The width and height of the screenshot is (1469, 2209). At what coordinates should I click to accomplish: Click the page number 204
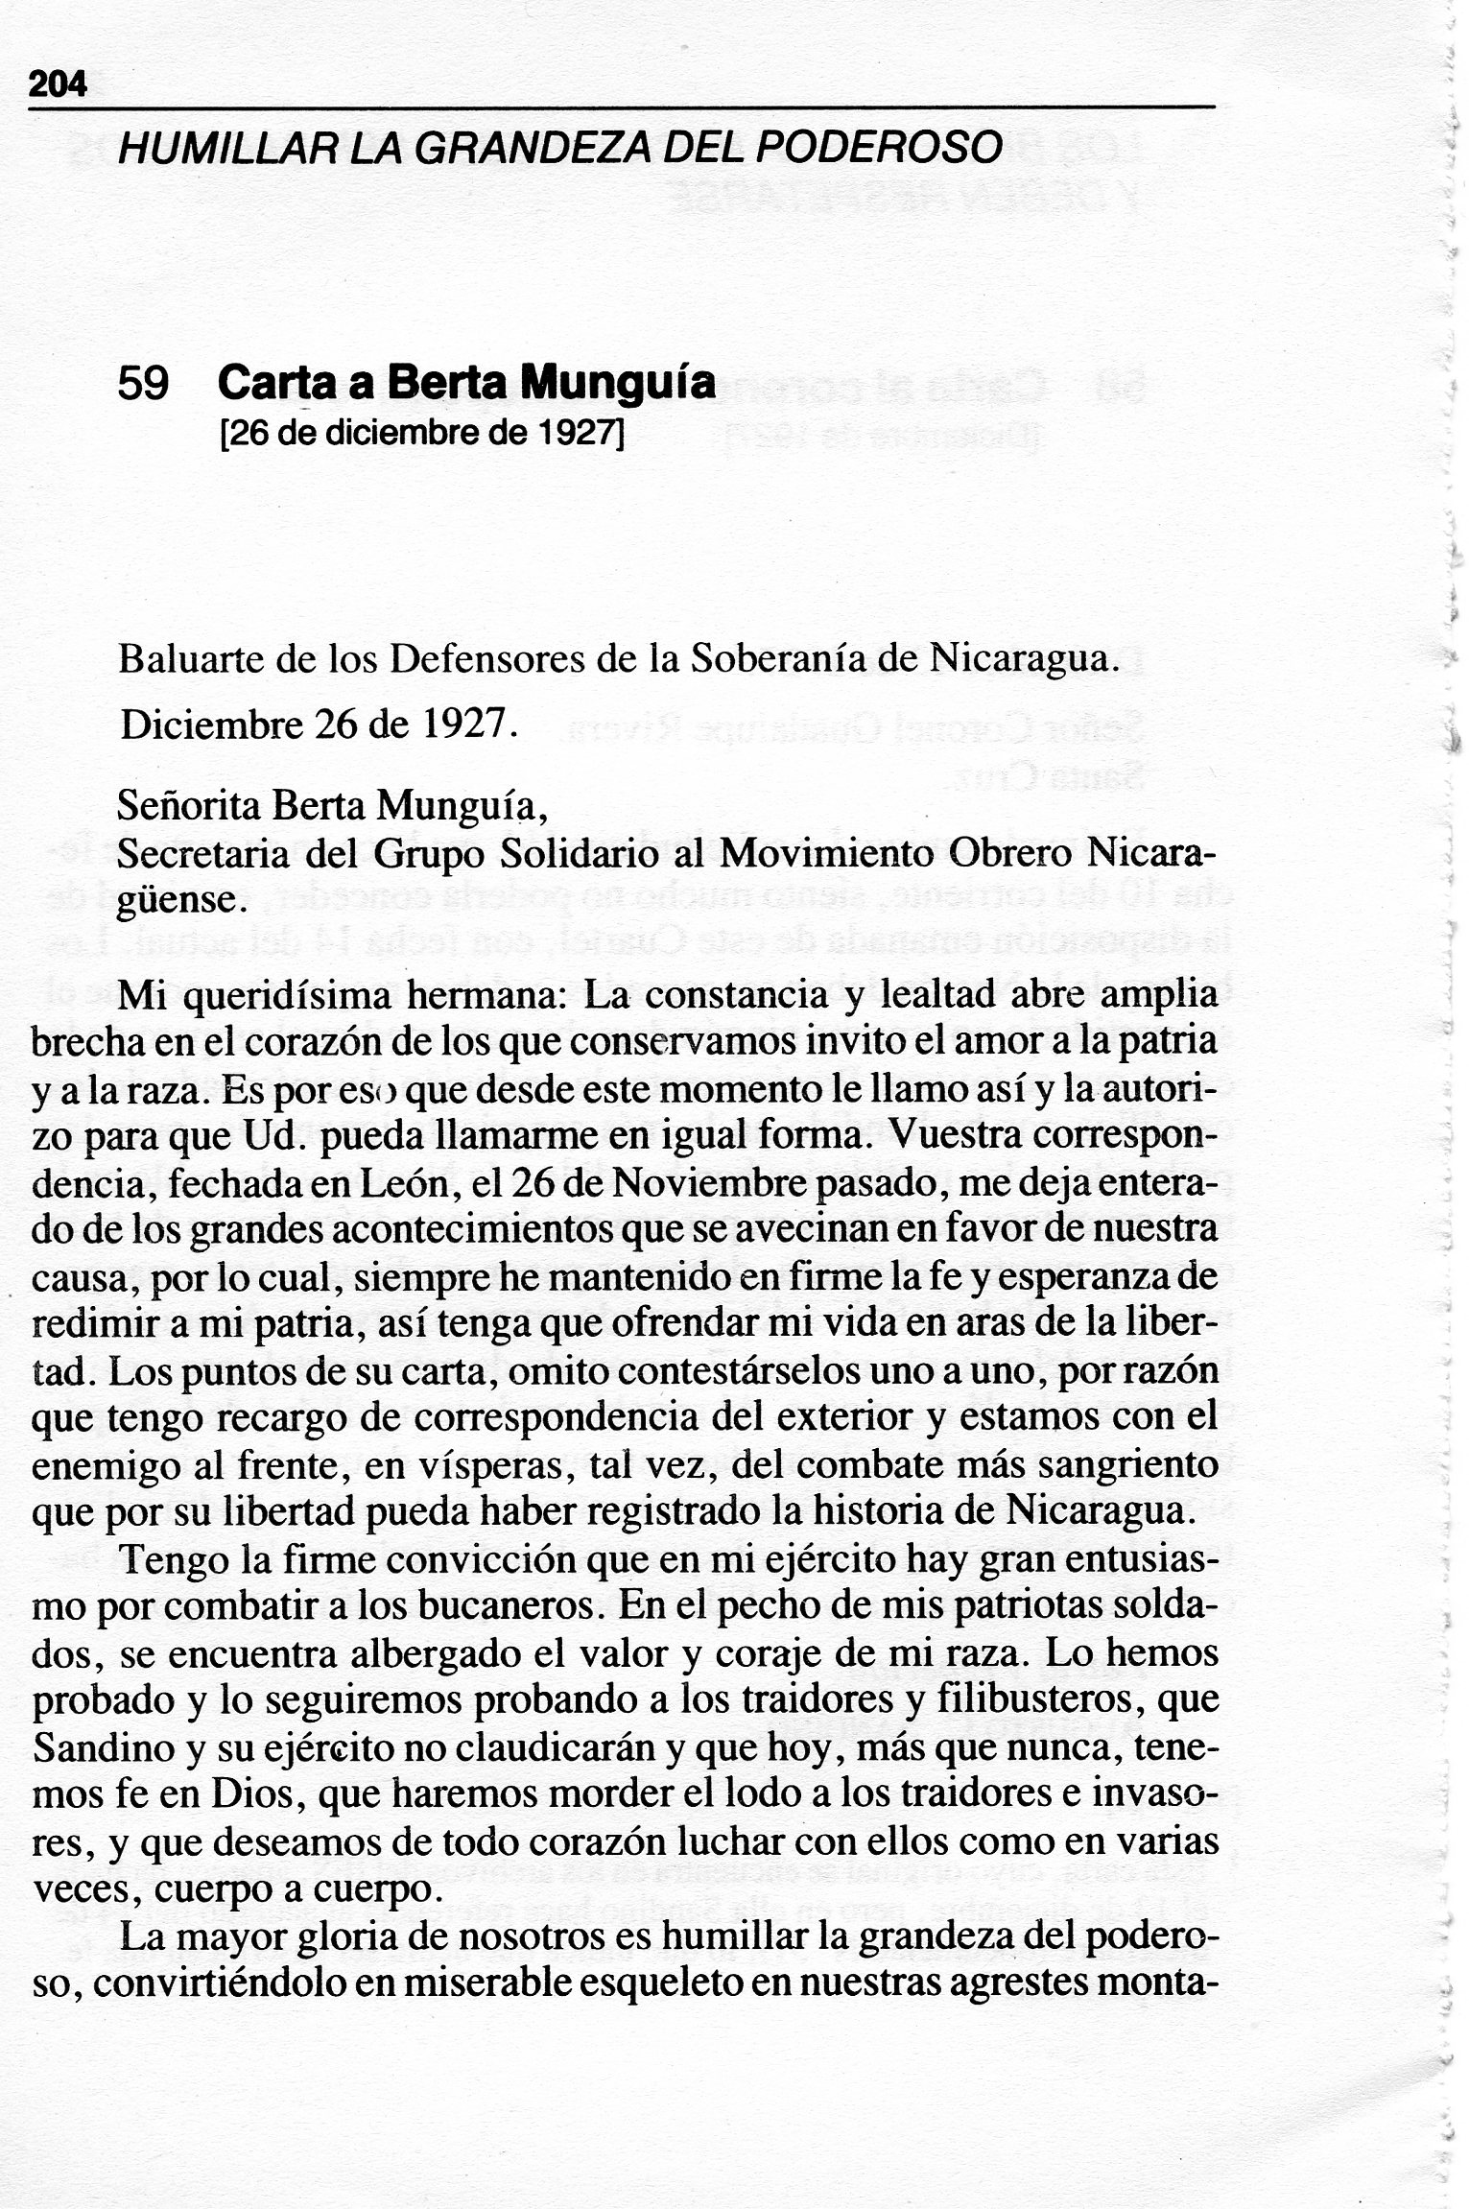[59, 86]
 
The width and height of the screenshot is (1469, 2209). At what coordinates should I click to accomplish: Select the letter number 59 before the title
[144, 385]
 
